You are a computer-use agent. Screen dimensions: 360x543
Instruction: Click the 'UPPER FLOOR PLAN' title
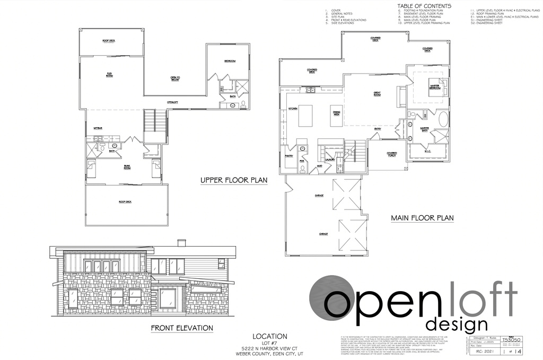pos(233,181)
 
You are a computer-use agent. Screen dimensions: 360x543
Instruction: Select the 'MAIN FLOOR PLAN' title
pos(422,218)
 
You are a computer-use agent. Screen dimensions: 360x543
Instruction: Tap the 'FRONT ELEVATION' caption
pos(182,328)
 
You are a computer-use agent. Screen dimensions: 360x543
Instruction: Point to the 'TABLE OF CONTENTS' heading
pos(424,6)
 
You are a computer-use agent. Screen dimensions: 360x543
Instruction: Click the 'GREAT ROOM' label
pos(378,94)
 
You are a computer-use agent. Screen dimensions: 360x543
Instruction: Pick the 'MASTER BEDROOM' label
pos(435,87)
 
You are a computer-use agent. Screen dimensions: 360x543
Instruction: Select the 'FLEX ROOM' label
pos(110,75)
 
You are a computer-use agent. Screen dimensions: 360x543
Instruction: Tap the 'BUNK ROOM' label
pos(127,167)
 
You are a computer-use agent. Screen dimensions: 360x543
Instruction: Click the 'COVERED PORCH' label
pos(392,154)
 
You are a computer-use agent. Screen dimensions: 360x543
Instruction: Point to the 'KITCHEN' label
pos(292,109)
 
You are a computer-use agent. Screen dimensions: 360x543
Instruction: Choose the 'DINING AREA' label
pos(336,113)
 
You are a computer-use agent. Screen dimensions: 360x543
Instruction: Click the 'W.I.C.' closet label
pos(428,151)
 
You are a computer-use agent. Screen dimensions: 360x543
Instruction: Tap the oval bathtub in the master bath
pos(442,119)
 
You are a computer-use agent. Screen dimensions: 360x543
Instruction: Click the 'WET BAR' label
pos(98,129)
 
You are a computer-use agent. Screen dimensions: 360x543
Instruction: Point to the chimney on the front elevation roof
pos(181,243)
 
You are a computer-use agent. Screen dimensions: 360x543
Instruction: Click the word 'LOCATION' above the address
pos(270,336)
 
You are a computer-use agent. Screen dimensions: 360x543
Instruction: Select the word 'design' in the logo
pos(457,323)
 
